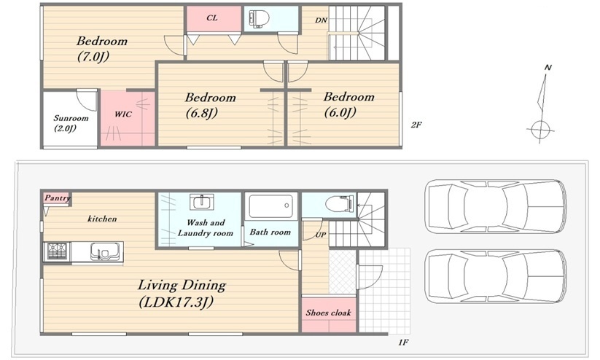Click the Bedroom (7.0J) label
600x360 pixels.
tap(102, 49)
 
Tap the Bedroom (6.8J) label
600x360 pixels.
tap(210, 105)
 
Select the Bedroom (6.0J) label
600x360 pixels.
tap(348, 104)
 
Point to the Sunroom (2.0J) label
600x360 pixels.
tap(71, 123)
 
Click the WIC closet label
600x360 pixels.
tap(123, 114)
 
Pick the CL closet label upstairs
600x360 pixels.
tap(211, 17)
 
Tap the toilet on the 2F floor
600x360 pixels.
tap(259, 18)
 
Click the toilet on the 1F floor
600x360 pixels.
tap(340, 203)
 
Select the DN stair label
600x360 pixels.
tap(322, 20)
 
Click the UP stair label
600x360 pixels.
tap(321, 234)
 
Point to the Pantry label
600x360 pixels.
tap(58, 197)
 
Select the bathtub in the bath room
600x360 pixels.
tap(271, 206)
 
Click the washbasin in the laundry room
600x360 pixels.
tap(202, 201)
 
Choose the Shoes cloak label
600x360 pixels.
tap(328, 313)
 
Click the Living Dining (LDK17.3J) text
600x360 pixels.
tap(182, 294)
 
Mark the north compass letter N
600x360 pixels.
tap(548, 68)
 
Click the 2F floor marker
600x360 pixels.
tap(416, 125)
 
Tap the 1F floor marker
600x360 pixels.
tap(403, 343)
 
